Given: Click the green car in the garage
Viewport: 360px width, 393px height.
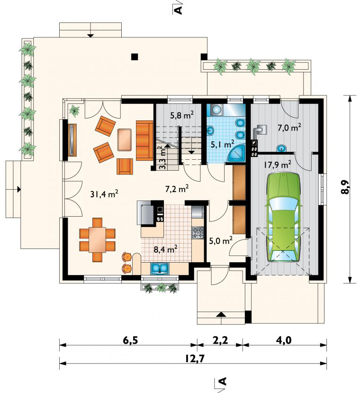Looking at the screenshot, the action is coord(283,217).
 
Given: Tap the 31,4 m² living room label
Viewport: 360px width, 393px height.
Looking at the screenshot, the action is coord(104,194).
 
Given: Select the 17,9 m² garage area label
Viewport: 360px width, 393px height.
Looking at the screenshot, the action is coord(277,165).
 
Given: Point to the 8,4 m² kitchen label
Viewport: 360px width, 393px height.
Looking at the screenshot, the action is coord(166,249).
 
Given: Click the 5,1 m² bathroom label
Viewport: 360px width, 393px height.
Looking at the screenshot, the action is coord(223,144).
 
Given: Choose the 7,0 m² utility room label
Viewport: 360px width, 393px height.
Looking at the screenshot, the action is coord(289,128).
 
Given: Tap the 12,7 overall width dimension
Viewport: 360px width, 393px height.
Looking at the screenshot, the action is coord(195,359).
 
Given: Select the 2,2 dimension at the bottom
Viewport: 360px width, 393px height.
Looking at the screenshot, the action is coord(220,340).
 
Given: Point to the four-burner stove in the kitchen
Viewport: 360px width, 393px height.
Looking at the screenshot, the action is coord(198,233).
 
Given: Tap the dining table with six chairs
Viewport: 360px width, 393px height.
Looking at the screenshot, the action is coord(97,240).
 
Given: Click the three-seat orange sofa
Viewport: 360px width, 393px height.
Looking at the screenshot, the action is coord(144,140).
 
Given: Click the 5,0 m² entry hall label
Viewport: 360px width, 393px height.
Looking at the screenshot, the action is coord(221,241).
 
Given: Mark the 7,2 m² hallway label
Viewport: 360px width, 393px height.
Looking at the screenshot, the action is coord(177,189).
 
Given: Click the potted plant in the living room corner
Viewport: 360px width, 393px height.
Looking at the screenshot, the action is coord(74,110).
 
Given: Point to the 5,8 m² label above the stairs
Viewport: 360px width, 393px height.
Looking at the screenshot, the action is coord(182,116).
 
